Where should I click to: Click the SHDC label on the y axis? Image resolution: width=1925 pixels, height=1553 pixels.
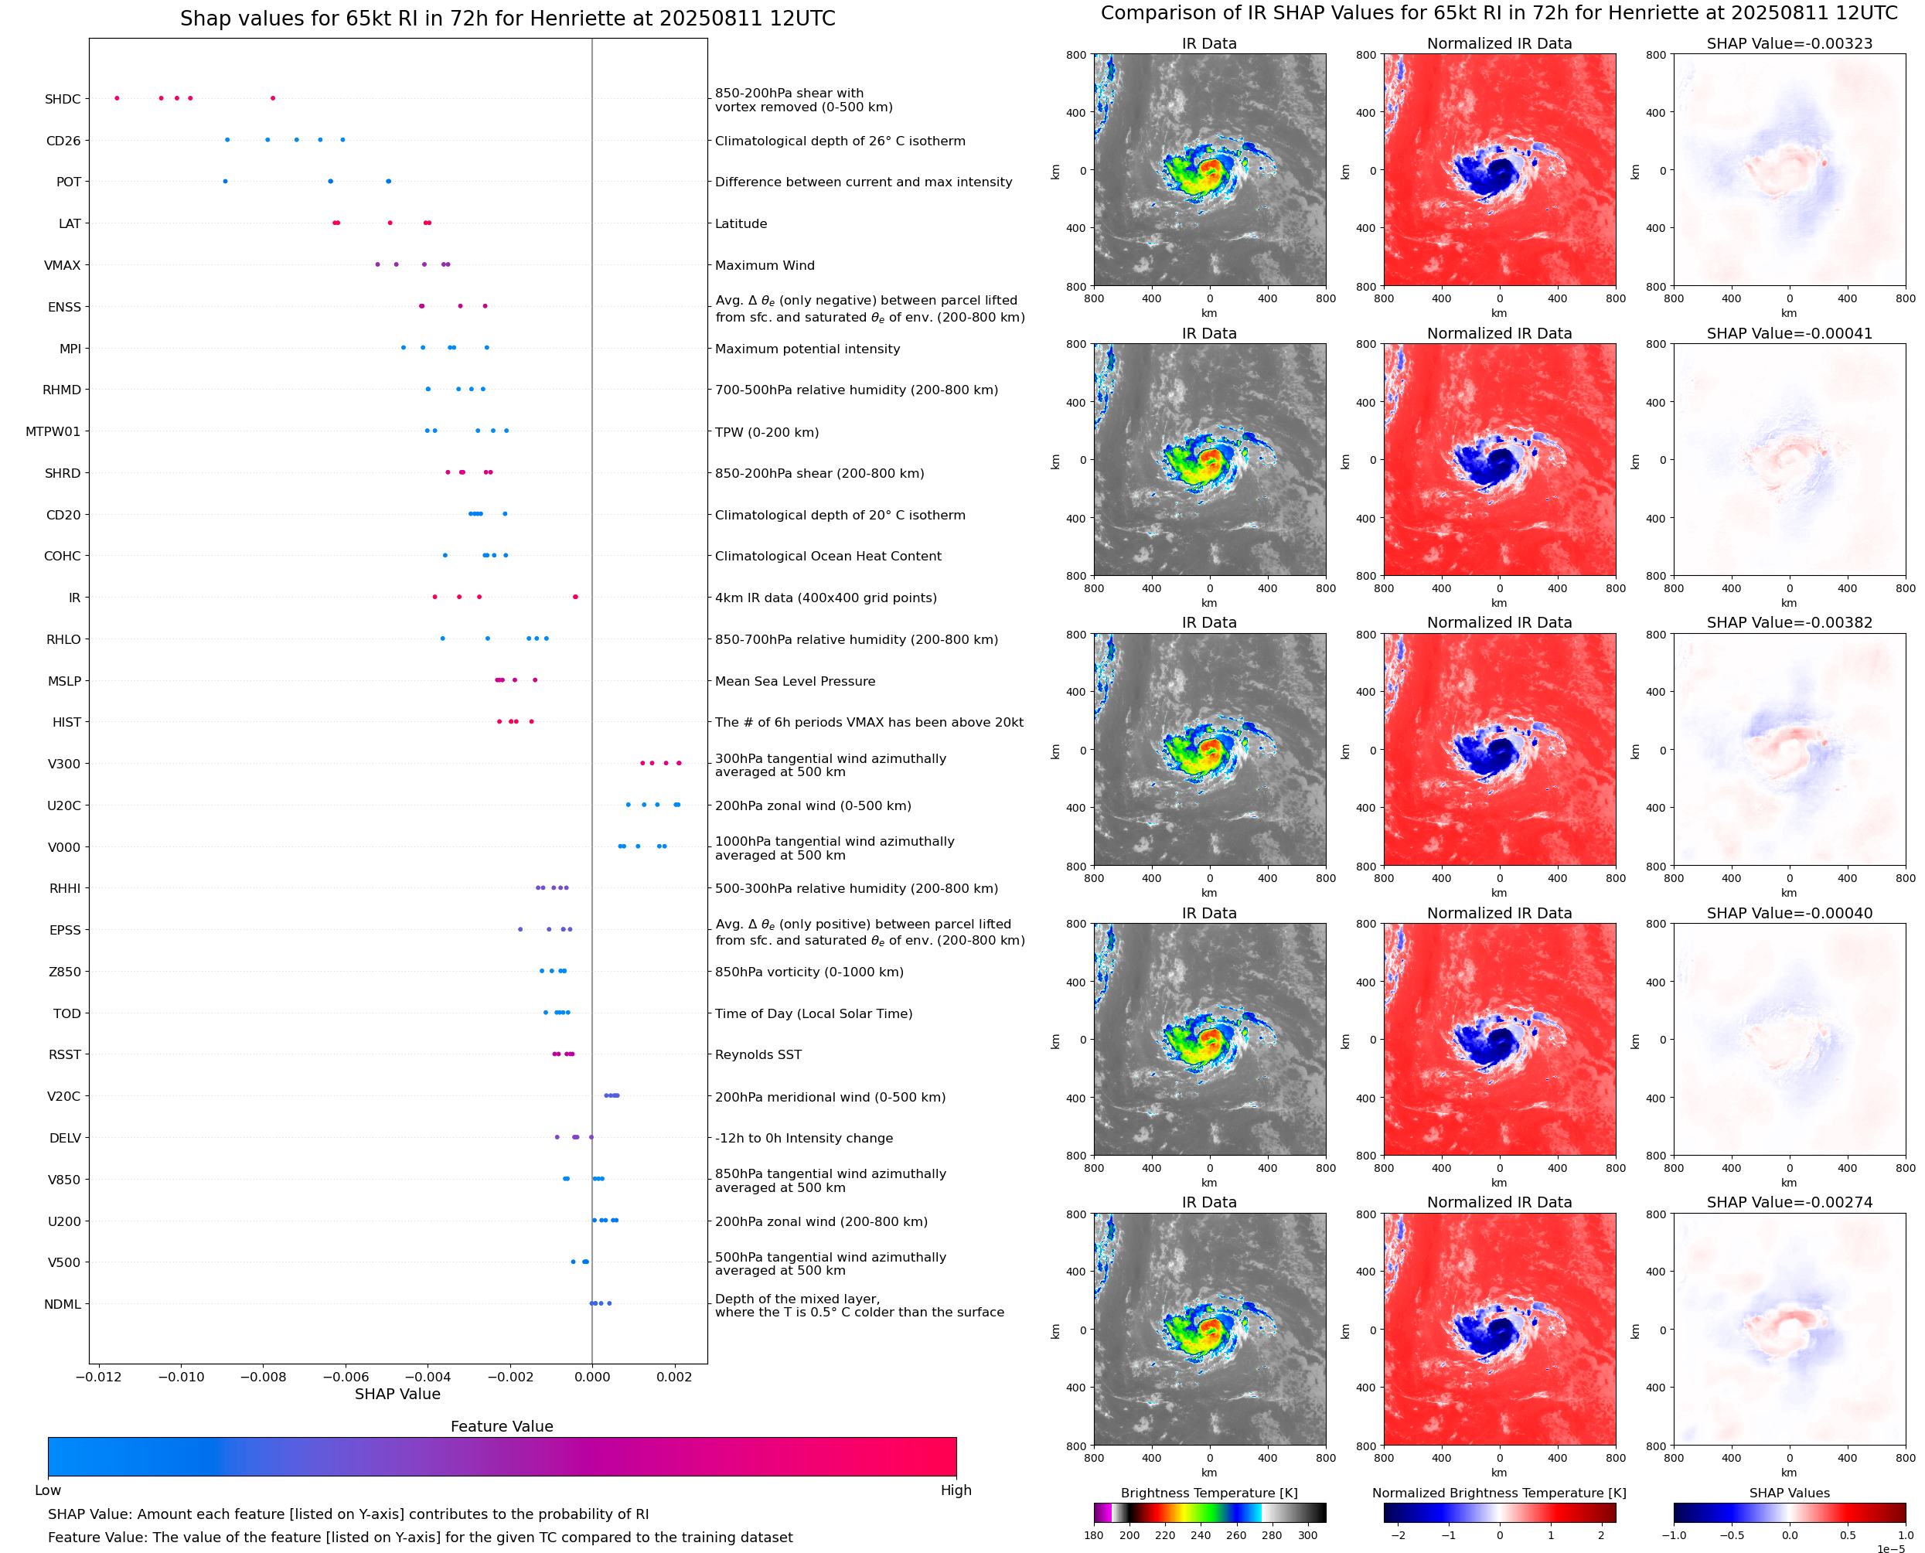tap(63, 99)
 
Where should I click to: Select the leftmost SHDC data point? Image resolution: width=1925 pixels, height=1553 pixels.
tap(118, 98)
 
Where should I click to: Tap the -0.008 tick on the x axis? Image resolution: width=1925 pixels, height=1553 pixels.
tap(263, 1377)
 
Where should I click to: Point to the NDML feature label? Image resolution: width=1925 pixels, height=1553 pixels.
tap(63, 1304)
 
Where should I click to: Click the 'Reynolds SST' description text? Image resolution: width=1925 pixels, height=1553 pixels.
tap(758, 1054)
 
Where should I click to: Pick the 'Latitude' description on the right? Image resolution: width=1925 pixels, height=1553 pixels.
tap(741, 223)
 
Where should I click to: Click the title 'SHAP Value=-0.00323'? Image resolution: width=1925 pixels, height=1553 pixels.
tap(1789, 44)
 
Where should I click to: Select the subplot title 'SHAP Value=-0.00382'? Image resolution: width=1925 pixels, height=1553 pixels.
tap(1789, 622)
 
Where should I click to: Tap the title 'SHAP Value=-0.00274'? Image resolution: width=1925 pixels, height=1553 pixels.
tap(1789, 1202)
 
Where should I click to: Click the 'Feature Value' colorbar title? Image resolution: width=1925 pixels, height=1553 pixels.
tap(502, 1426)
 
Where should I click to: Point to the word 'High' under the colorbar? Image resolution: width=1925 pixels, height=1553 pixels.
tap(956, 1490)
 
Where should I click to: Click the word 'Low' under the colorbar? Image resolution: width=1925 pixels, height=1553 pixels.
tap(48, 1490)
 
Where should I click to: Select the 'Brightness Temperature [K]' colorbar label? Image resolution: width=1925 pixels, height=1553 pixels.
tap(1208, 1493)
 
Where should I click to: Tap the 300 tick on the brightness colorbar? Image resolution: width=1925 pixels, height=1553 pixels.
tap(1308, 1535)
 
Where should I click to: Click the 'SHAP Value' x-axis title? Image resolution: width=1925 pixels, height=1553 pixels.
tap(397, 1394)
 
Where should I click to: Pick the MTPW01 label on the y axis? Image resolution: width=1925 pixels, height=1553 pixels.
tap(53, 432)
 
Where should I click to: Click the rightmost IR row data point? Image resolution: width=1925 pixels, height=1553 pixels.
tap(575, 597)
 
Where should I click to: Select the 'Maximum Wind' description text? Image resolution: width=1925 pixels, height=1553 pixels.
tap(765, 266)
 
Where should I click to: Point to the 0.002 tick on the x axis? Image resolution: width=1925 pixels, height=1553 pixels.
tap(674, 1377)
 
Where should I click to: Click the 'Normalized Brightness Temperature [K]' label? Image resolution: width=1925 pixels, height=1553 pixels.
tap(1499, 1493)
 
